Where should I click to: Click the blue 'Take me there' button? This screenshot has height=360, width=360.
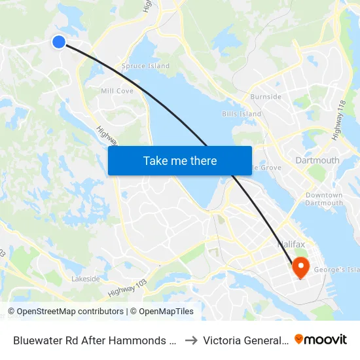[180, 160]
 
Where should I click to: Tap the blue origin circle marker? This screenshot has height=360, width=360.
[59, 42]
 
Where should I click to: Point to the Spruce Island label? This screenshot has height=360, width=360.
[145, 66]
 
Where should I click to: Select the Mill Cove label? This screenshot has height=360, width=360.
[117, 91]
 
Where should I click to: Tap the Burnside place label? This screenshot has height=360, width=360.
[266, 97]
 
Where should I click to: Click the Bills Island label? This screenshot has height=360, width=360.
[242, 114]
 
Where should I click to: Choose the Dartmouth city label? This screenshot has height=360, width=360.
[317, 160]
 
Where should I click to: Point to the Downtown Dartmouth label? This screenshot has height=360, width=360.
[324, 199]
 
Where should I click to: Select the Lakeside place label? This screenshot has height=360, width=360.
[86, 279]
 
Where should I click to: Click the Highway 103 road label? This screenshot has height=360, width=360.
[128, 287]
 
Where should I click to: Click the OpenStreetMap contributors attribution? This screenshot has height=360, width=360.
[66, 312]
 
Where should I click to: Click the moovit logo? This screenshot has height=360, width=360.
[321, 340]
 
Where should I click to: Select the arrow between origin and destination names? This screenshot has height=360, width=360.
[190, 340]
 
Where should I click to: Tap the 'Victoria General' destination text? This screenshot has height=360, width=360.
[245, 340]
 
